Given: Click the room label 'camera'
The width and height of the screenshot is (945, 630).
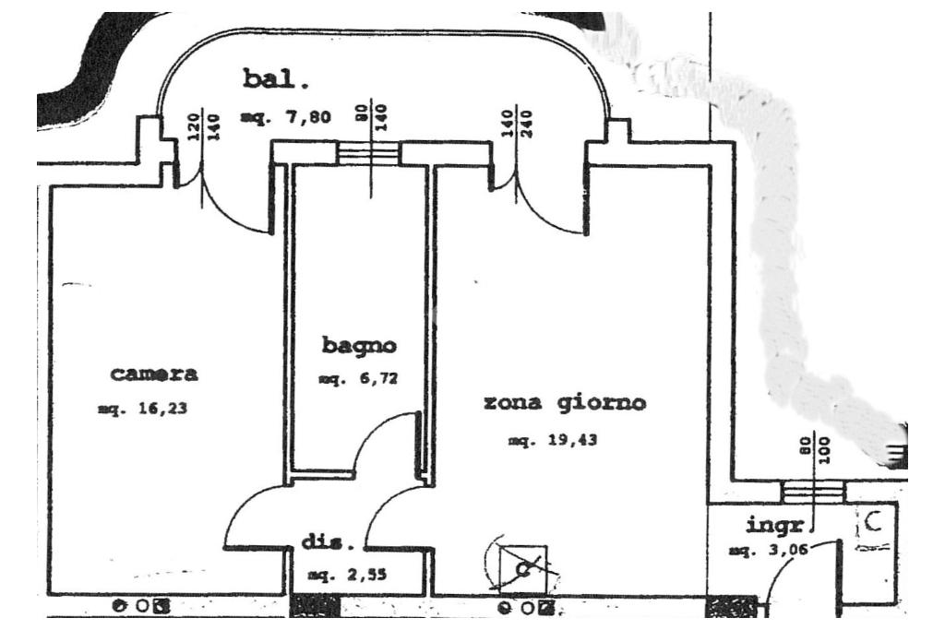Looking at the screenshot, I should point(154,374).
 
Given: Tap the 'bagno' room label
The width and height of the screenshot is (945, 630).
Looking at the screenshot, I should point(359,346).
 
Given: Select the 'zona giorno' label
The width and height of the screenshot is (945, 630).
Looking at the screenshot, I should point(564,403).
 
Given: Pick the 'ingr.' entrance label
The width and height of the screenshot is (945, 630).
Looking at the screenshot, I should point(778,527).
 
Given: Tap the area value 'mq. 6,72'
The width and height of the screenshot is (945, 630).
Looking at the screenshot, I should point(357,378).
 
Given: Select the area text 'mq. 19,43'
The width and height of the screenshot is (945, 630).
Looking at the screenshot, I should point(553,441).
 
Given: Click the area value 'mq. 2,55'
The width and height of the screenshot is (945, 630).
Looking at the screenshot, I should point(346,576).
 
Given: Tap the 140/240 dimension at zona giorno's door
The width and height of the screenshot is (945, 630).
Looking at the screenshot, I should point(518,122).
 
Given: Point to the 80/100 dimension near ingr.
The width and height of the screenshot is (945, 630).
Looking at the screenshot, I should point(815,449).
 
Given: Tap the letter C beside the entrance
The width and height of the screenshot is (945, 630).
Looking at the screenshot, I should point(872,524).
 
